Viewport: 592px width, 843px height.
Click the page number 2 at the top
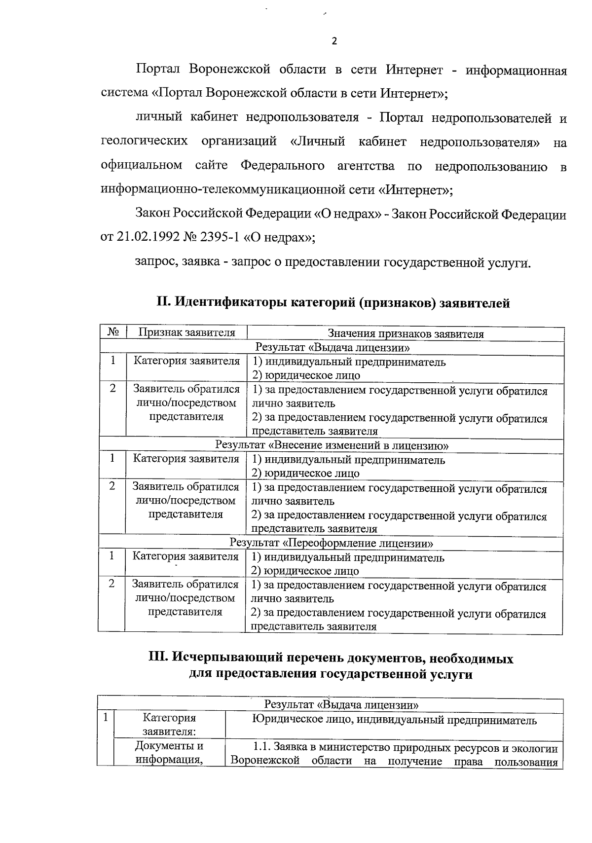click(334, 41)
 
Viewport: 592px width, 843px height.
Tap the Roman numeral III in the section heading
click(158, 659)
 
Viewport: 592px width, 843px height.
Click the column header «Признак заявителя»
click(186, 332)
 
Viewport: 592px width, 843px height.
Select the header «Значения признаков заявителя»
click(406, 334)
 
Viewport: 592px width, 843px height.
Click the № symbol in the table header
click(113, 332)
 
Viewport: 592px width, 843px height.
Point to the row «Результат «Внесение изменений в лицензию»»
click(332, 445)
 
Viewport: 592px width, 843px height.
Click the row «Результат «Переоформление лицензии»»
click(332, 543)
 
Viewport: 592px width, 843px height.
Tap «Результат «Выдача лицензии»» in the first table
click(332, 348)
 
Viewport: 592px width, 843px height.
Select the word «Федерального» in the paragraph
click(282, 166)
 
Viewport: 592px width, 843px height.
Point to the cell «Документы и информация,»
click(169, 753)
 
